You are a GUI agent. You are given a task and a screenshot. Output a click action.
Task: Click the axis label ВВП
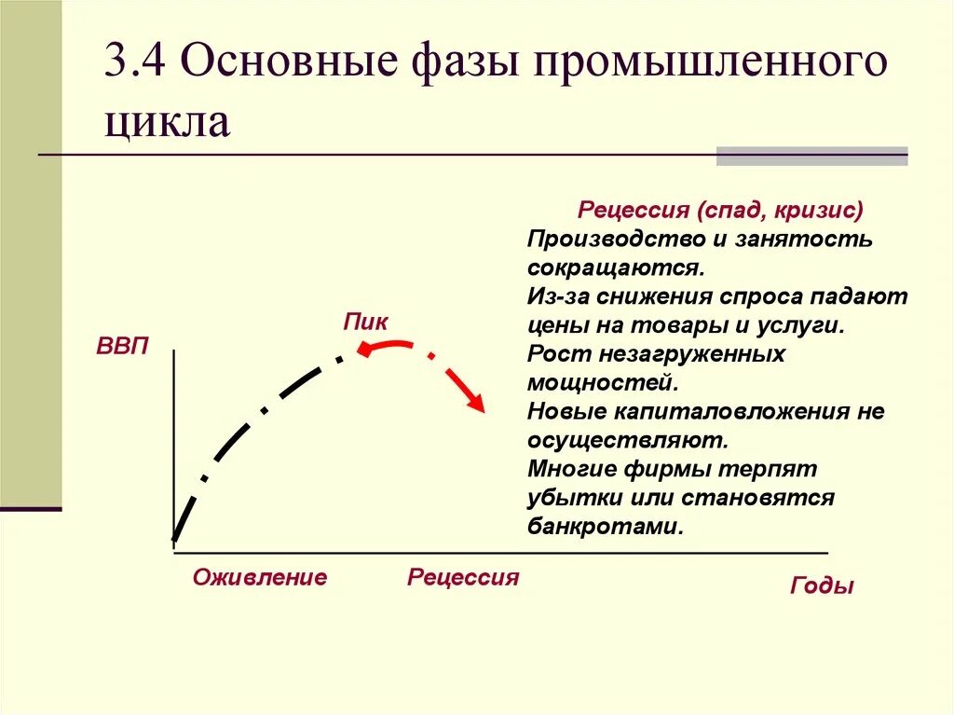point(122,348)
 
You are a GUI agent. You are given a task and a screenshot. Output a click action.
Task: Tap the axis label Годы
point(822,586)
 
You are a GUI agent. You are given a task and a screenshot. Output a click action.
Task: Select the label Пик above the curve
point(365,322)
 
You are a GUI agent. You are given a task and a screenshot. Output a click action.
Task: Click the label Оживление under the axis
point(260,577)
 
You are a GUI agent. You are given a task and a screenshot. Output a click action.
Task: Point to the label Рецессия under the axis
point(463,577)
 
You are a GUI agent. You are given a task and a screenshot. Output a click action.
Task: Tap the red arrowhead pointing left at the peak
point(363,350)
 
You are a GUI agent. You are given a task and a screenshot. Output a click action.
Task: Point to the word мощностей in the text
point(600,382)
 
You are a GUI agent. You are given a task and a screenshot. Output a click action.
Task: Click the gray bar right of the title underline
point(811,156)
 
